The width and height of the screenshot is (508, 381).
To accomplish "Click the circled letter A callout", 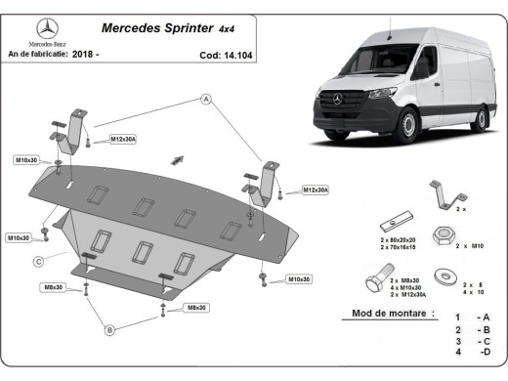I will tap(207, 100).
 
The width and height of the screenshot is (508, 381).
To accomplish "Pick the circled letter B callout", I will tap(109, 330).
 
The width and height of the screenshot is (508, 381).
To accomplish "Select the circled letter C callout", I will tap(37, 261).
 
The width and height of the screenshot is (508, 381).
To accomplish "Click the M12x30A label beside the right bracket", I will tap(316, 190).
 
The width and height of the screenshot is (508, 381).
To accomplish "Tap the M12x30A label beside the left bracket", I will tap(123, 140).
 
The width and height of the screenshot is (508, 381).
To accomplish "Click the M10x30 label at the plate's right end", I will tap(299, 279).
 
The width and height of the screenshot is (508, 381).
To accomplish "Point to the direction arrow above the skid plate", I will tap(178, 157).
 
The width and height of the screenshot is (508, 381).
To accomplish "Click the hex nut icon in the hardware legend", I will tap(442, 237).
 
